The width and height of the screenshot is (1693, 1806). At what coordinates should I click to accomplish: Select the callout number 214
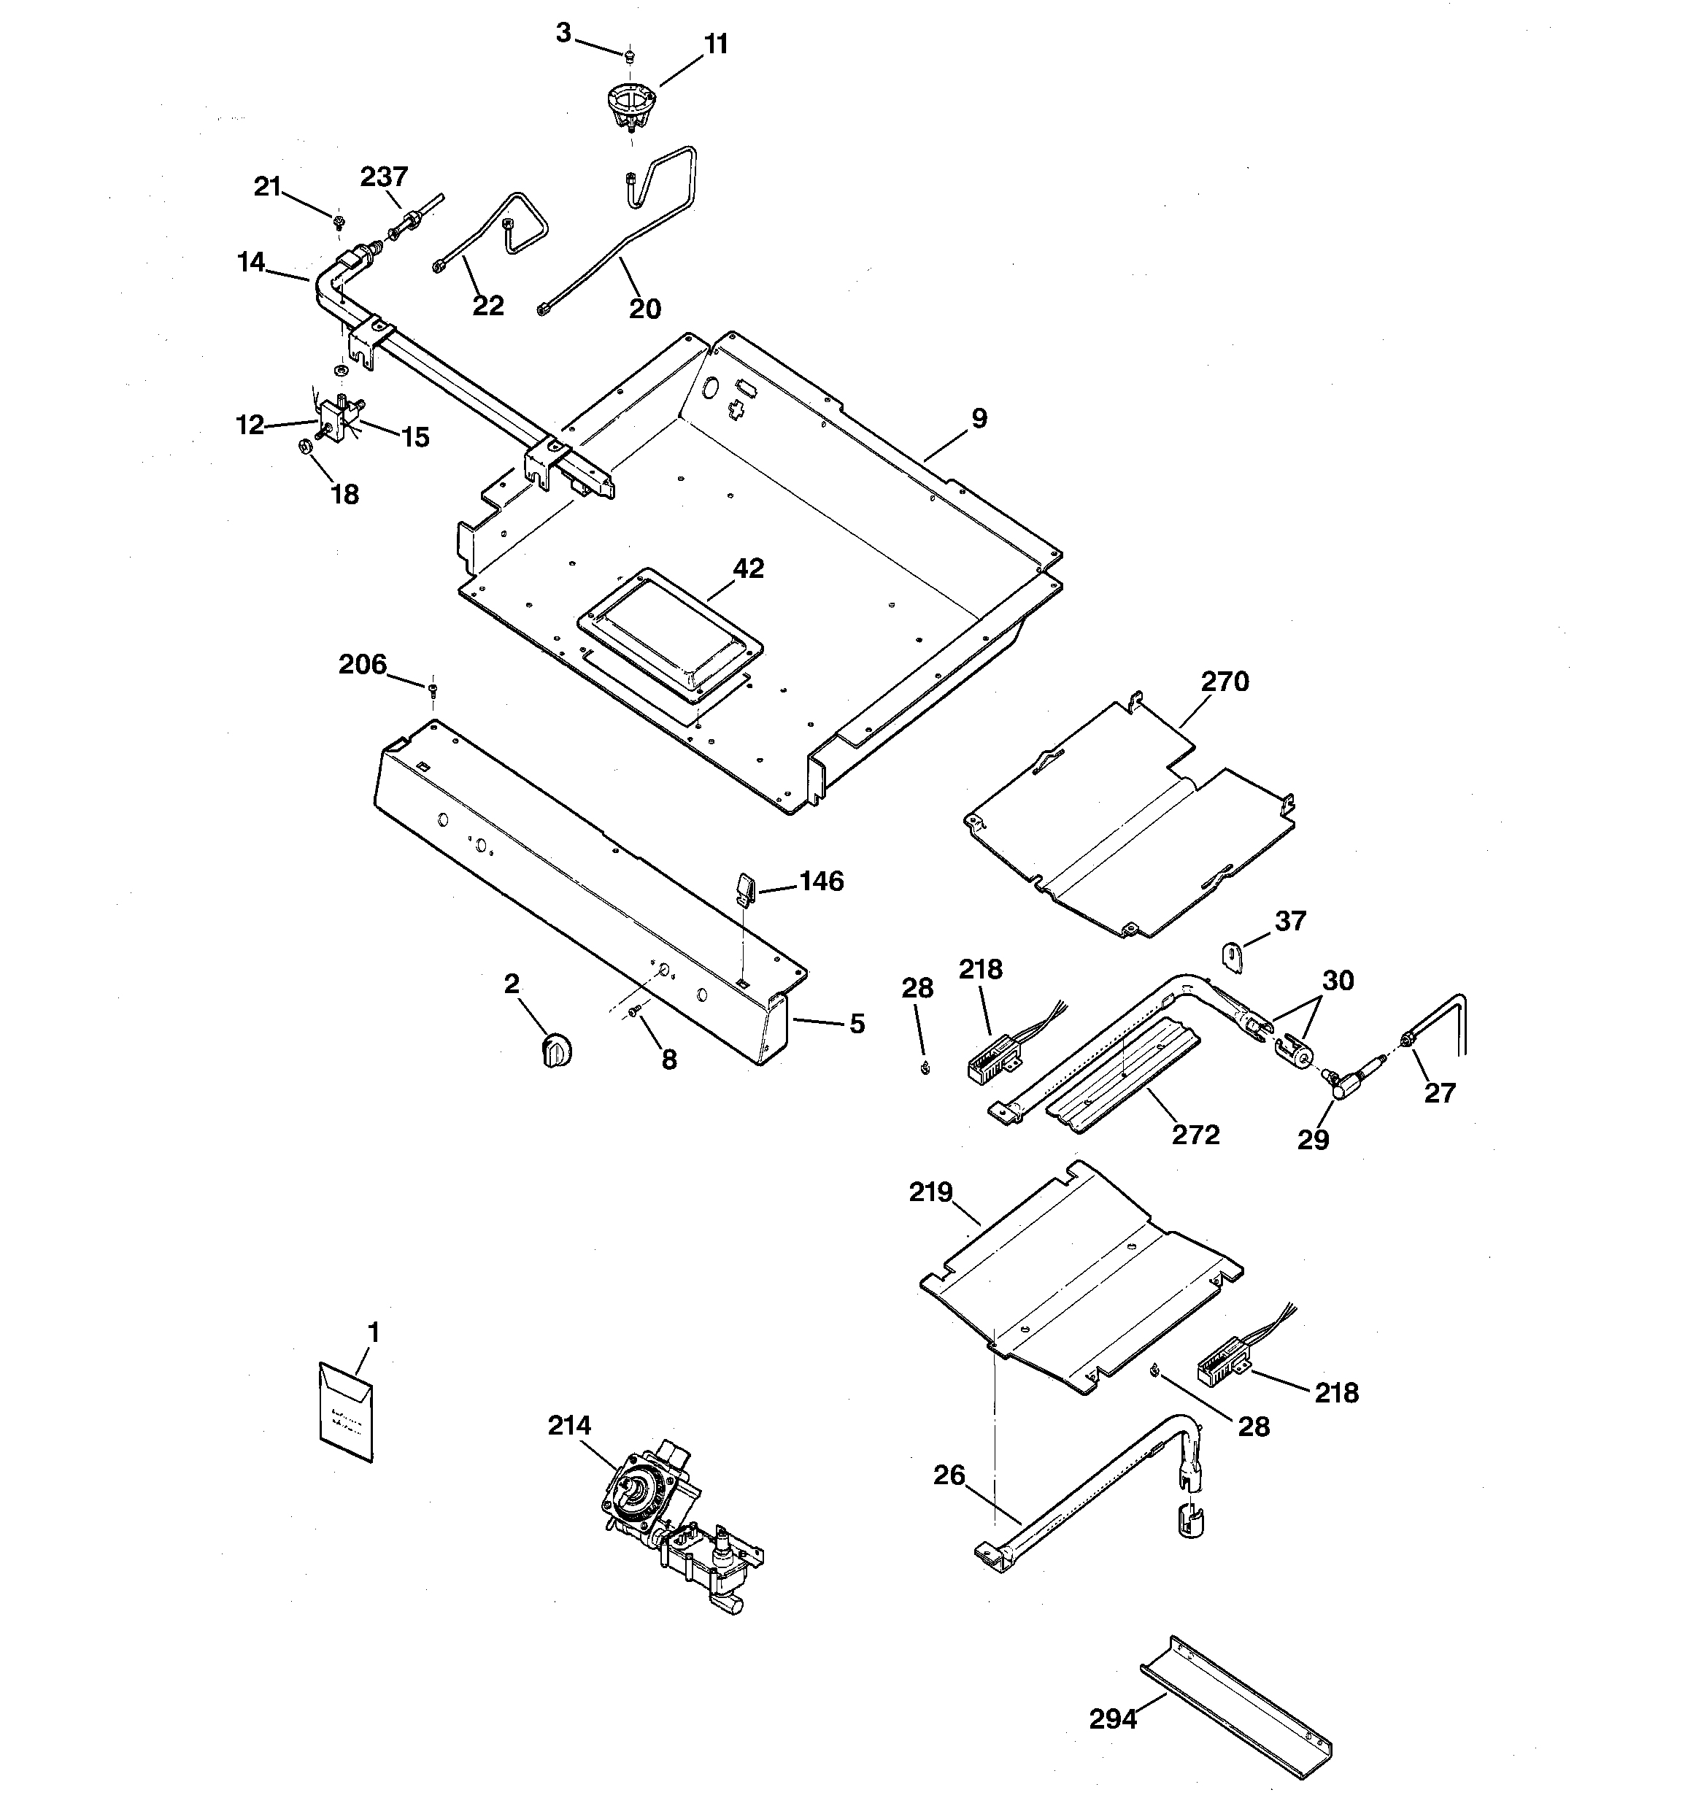pyautogui.click(x=569, y=1425)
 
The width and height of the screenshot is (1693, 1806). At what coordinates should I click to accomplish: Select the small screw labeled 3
pyautogui.click(x=628, y=56)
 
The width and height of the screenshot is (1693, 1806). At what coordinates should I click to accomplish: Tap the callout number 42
pyautogui.click(x=748, y=568)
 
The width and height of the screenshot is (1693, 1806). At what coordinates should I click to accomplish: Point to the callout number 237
pyautogui.click(x=384, y=177)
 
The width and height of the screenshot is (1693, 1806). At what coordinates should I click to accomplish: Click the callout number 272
pyautogui.click(x=1195, y=1135)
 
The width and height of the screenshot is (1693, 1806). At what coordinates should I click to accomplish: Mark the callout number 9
pyautogui.click(x=979, y=418)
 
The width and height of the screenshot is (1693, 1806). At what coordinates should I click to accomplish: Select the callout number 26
pyautogui.click(x=949, y=1475)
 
